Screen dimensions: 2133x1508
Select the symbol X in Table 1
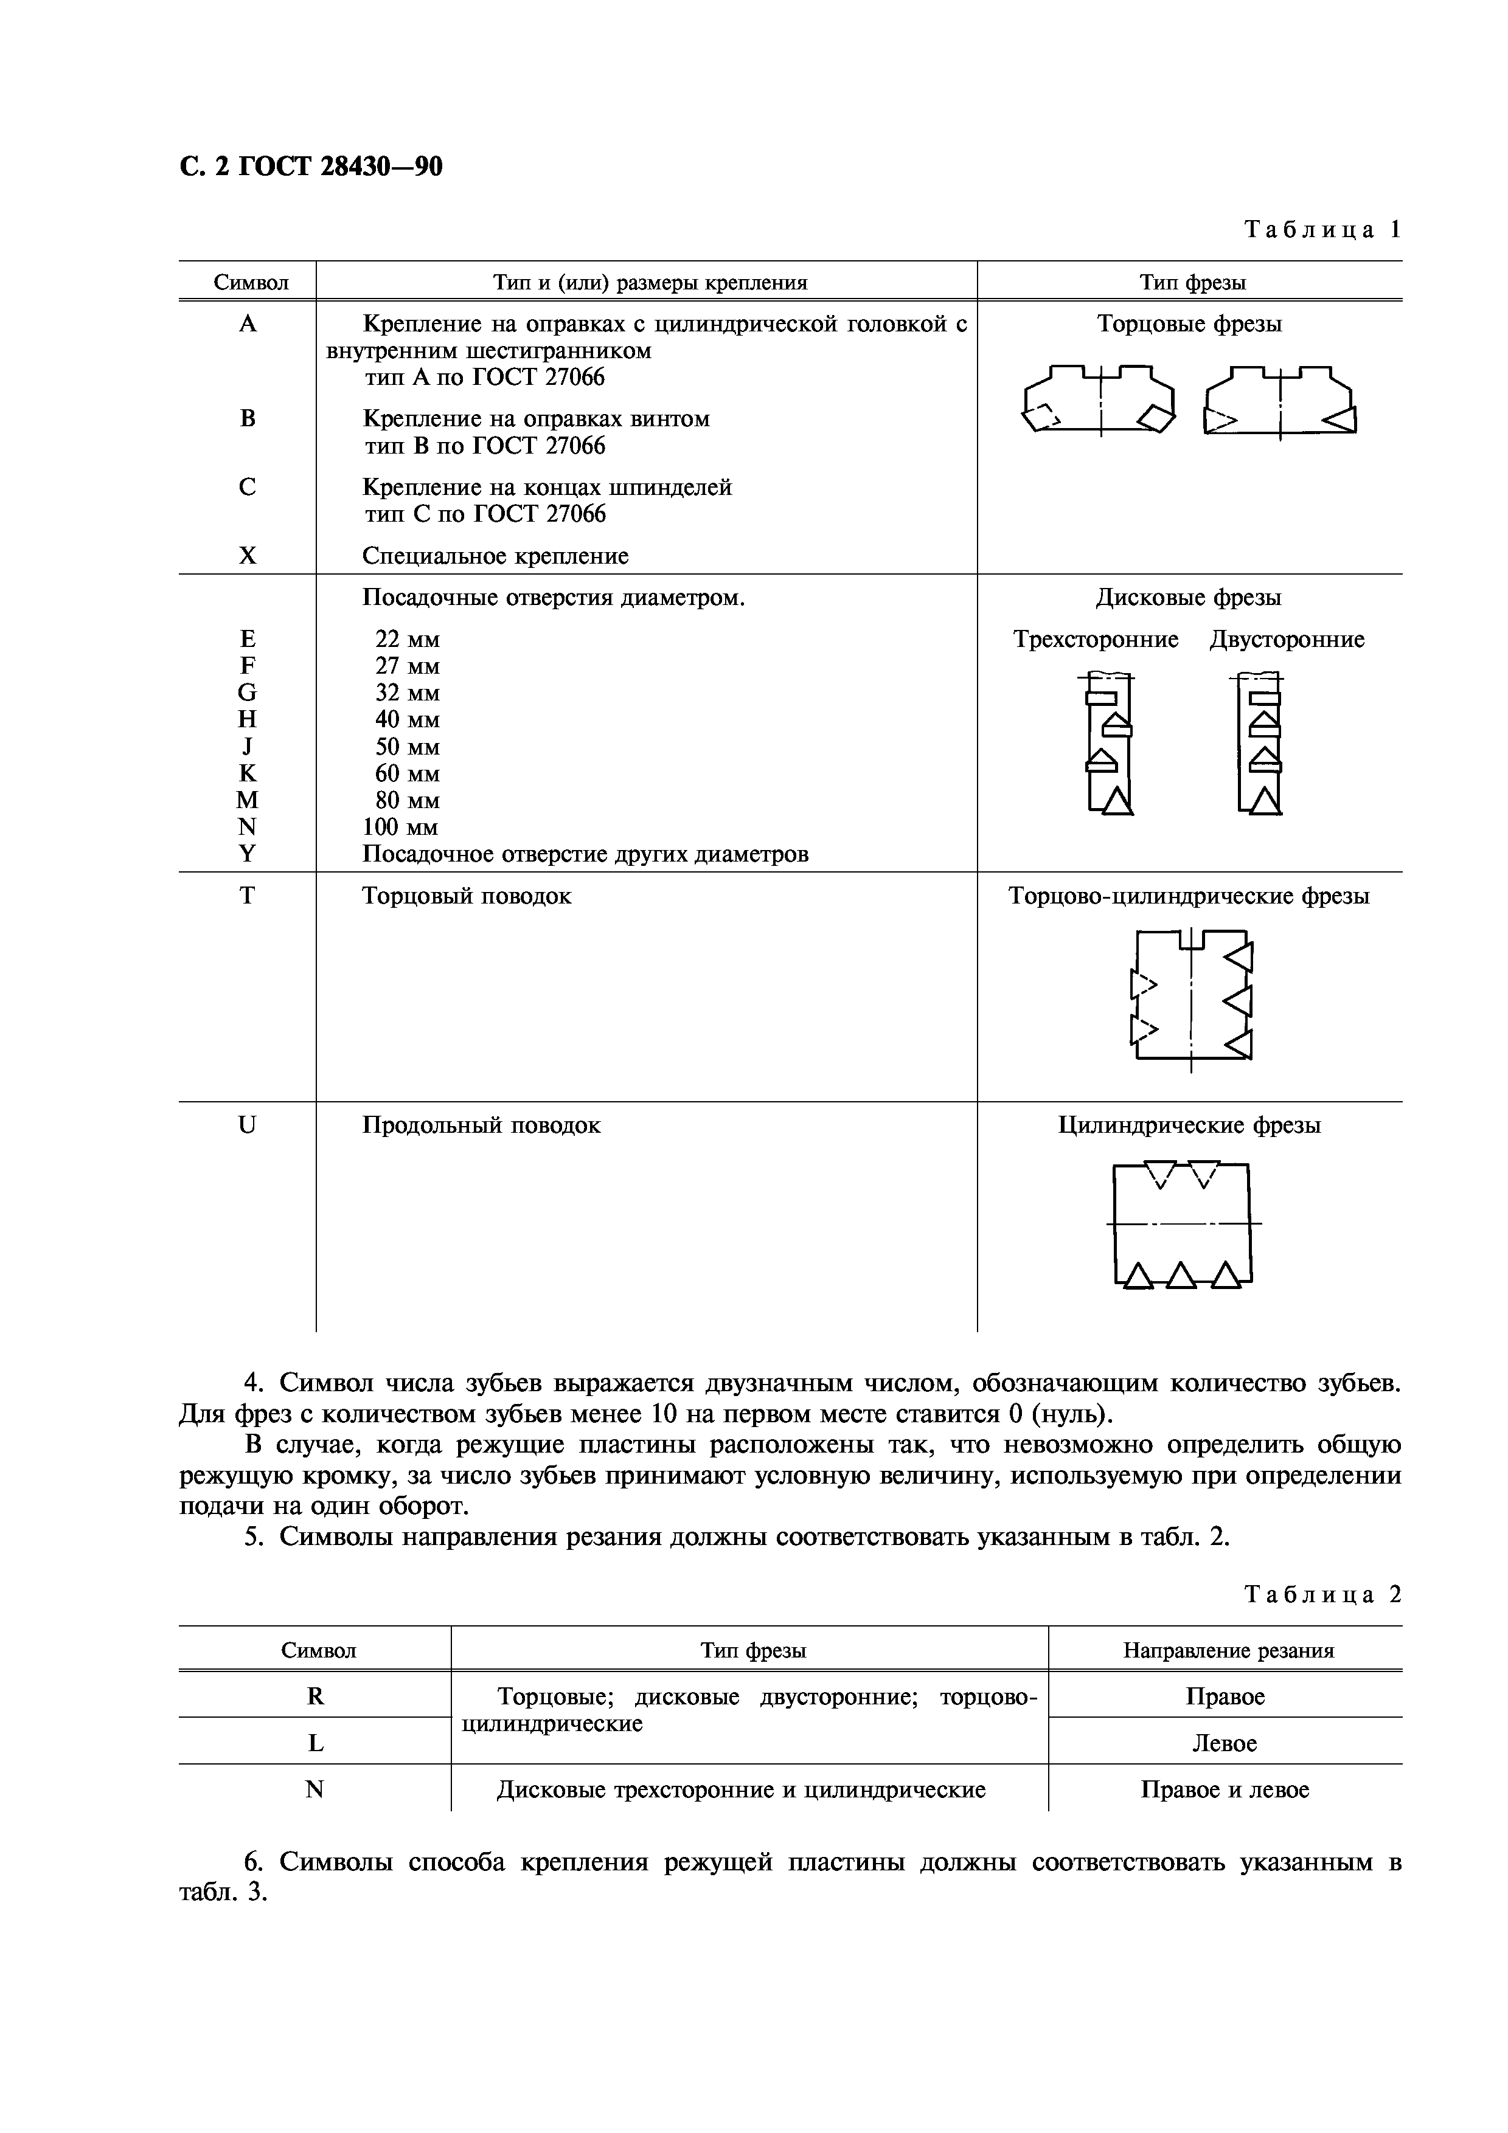point(247,556)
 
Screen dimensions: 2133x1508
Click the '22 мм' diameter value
point(407,639)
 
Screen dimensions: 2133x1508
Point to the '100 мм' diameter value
point(400,827)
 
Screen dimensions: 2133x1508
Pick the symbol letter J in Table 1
point(247,747)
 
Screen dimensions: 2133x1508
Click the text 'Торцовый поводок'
point(467,896)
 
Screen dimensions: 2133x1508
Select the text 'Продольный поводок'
point(481,1125)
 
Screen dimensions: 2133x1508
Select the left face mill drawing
point(1098,401)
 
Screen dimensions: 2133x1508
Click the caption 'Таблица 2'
point(1321,1594)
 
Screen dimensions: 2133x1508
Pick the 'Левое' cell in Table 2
point(1224,1744)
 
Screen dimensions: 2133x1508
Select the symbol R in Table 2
point(315,1696)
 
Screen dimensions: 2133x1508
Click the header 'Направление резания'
point(1228,1651)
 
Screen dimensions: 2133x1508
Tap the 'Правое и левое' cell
point(1224,1790)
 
